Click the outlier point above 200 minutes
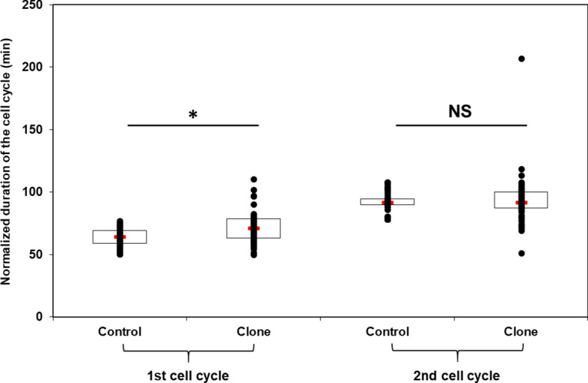521,58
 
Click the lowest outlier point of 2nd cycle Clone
521,254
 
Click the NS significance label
460,111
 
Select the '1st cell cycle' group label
188,373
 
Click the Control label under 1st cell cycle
120,332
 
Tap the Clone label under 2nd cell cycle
521,332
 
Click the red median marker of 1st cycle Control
120,237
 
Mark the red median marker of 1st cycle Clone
254,228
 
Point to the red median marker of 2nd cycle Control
387,203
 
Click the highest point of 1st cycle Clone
254,180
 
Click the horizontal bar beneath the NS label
461,125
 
